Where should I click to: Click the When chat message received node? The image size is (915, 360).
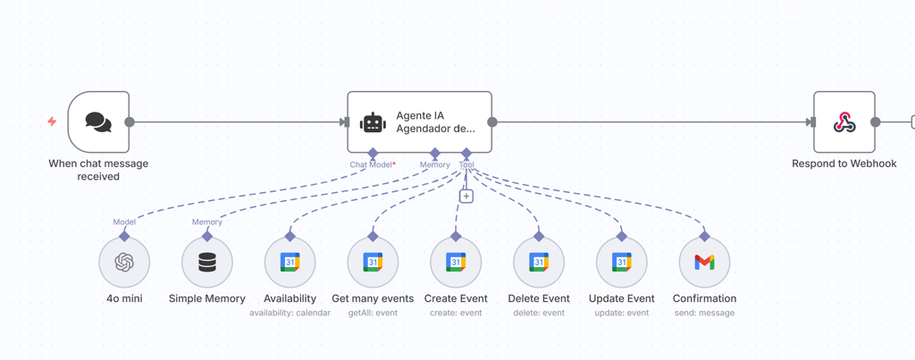[98, 122]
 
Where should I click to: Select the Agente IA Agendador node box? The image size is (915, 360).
[419, 122]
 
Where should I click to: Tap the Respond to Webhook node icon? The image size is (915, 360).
[844, 122]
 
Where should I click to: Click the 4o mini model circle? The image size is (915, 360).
[124, 263]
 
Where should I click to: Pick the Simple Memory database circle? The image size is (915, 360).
[207, 263]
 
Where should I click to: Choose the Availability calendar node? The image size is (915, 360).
[290, 263]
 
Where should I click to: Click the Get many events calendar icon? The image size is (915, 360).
[373, 263]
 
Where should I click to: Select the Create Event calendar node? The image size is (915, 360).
[456, 263]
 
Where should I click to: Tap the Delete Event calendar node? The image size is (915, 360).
[539, 263]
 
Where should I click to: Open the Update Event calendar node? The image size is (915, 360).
[622, 263]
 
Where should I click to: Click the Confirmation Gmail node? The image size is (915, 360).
[704, 263]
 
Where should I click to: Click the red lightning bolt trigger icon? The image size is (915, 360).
[52, 121]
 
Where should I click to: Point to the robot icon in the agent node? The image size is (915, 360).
[373, 123]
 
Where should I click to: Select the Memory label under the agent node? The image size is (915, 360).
[435, 165]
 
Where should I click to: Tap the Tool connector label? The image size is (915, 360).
[466, 165]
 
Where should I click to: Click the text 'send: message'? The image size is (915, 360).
[704, 314]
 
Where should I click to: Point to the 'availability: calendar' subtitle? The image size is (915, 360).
[290, 314]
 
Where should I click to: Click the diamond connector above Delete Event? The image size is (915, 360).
[539, 237]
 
